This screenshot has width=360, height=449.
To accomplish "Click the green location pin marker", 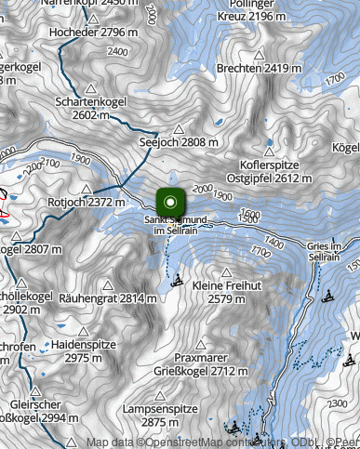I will (170, 203).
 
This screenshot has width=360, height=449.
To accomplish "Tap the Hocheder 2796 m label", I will (97, 32).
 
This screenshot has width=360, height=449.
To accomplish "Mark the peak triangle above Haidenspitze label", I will (82, 331).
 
